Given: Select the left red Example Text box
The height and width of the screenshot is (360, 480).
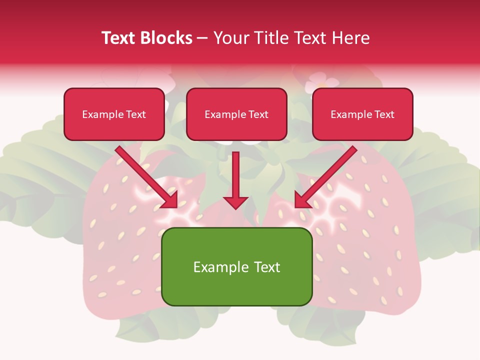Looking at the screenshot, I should [x=114, y=114].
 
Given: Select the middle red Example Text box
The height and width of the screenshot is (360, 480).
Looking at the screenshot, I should [x=236, y=114].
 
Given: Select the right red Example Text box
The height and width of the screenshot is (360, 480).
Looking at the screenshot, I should [x=362, y=114].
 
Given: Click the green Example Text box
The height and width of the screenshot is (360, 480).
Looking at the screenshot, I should [x=236, y=266].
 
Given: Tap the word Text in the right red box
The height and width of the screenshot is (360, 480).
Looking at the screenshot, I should [x=384, y=114].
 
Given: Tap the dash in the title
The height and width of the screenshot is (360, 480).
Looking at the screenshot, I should [x=202, y=38].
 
